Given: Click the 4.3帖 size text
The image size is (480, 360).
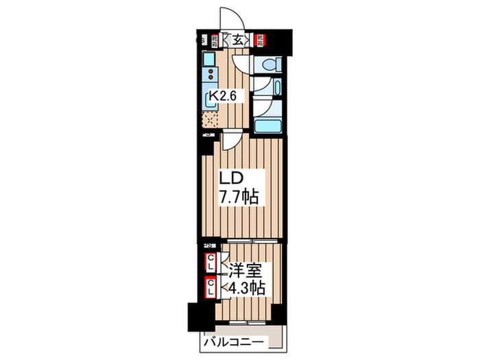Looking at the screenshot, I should [243, 288].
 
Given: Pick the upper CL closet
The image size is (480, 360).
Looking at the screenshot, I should [211, 262].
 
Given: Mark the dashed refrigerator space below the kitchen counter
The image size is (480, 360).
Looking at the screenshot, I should [210, 121].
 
